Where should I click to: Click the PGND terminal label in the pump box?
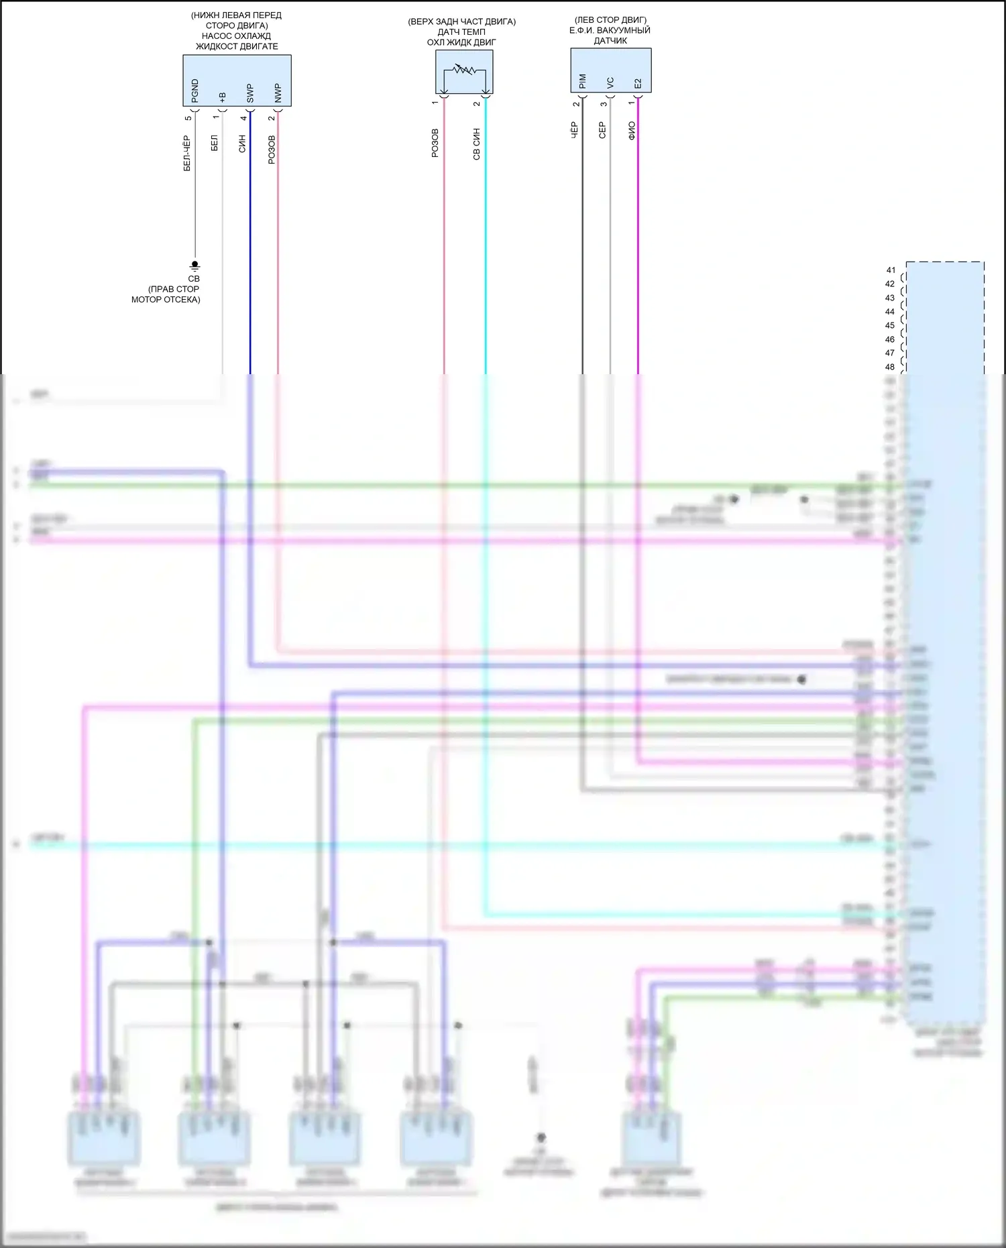point(195,91)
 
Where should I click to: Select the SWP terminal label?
point(250,93)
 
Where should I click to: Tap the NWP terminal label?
point(278,93)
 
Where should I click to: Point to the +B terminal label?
point(223,97)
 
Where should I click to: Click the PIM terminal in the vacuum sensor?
point(582,81)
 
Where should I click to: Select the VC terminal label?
point(610,82)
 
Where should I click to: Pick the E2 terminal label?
point(638,83)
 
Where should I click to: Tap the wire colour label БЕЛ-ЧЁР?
point(187,153)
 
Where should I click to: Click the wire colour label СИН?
point(243,144)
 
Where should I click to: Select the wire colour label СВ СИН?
point(477,144)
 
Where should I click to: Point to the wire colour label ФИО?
point(631,131)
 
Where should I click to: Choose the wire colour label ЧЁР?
point(574,130)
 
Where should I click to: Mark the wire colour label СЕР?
point(602,130)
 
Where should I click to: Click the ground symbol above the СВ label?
point(195,266)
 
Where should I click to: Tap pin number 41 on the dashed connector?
point(890,270)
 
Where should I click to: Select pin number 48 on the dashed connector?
point(890,367)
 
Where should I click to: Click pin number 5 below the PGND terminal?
point(188,118)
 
